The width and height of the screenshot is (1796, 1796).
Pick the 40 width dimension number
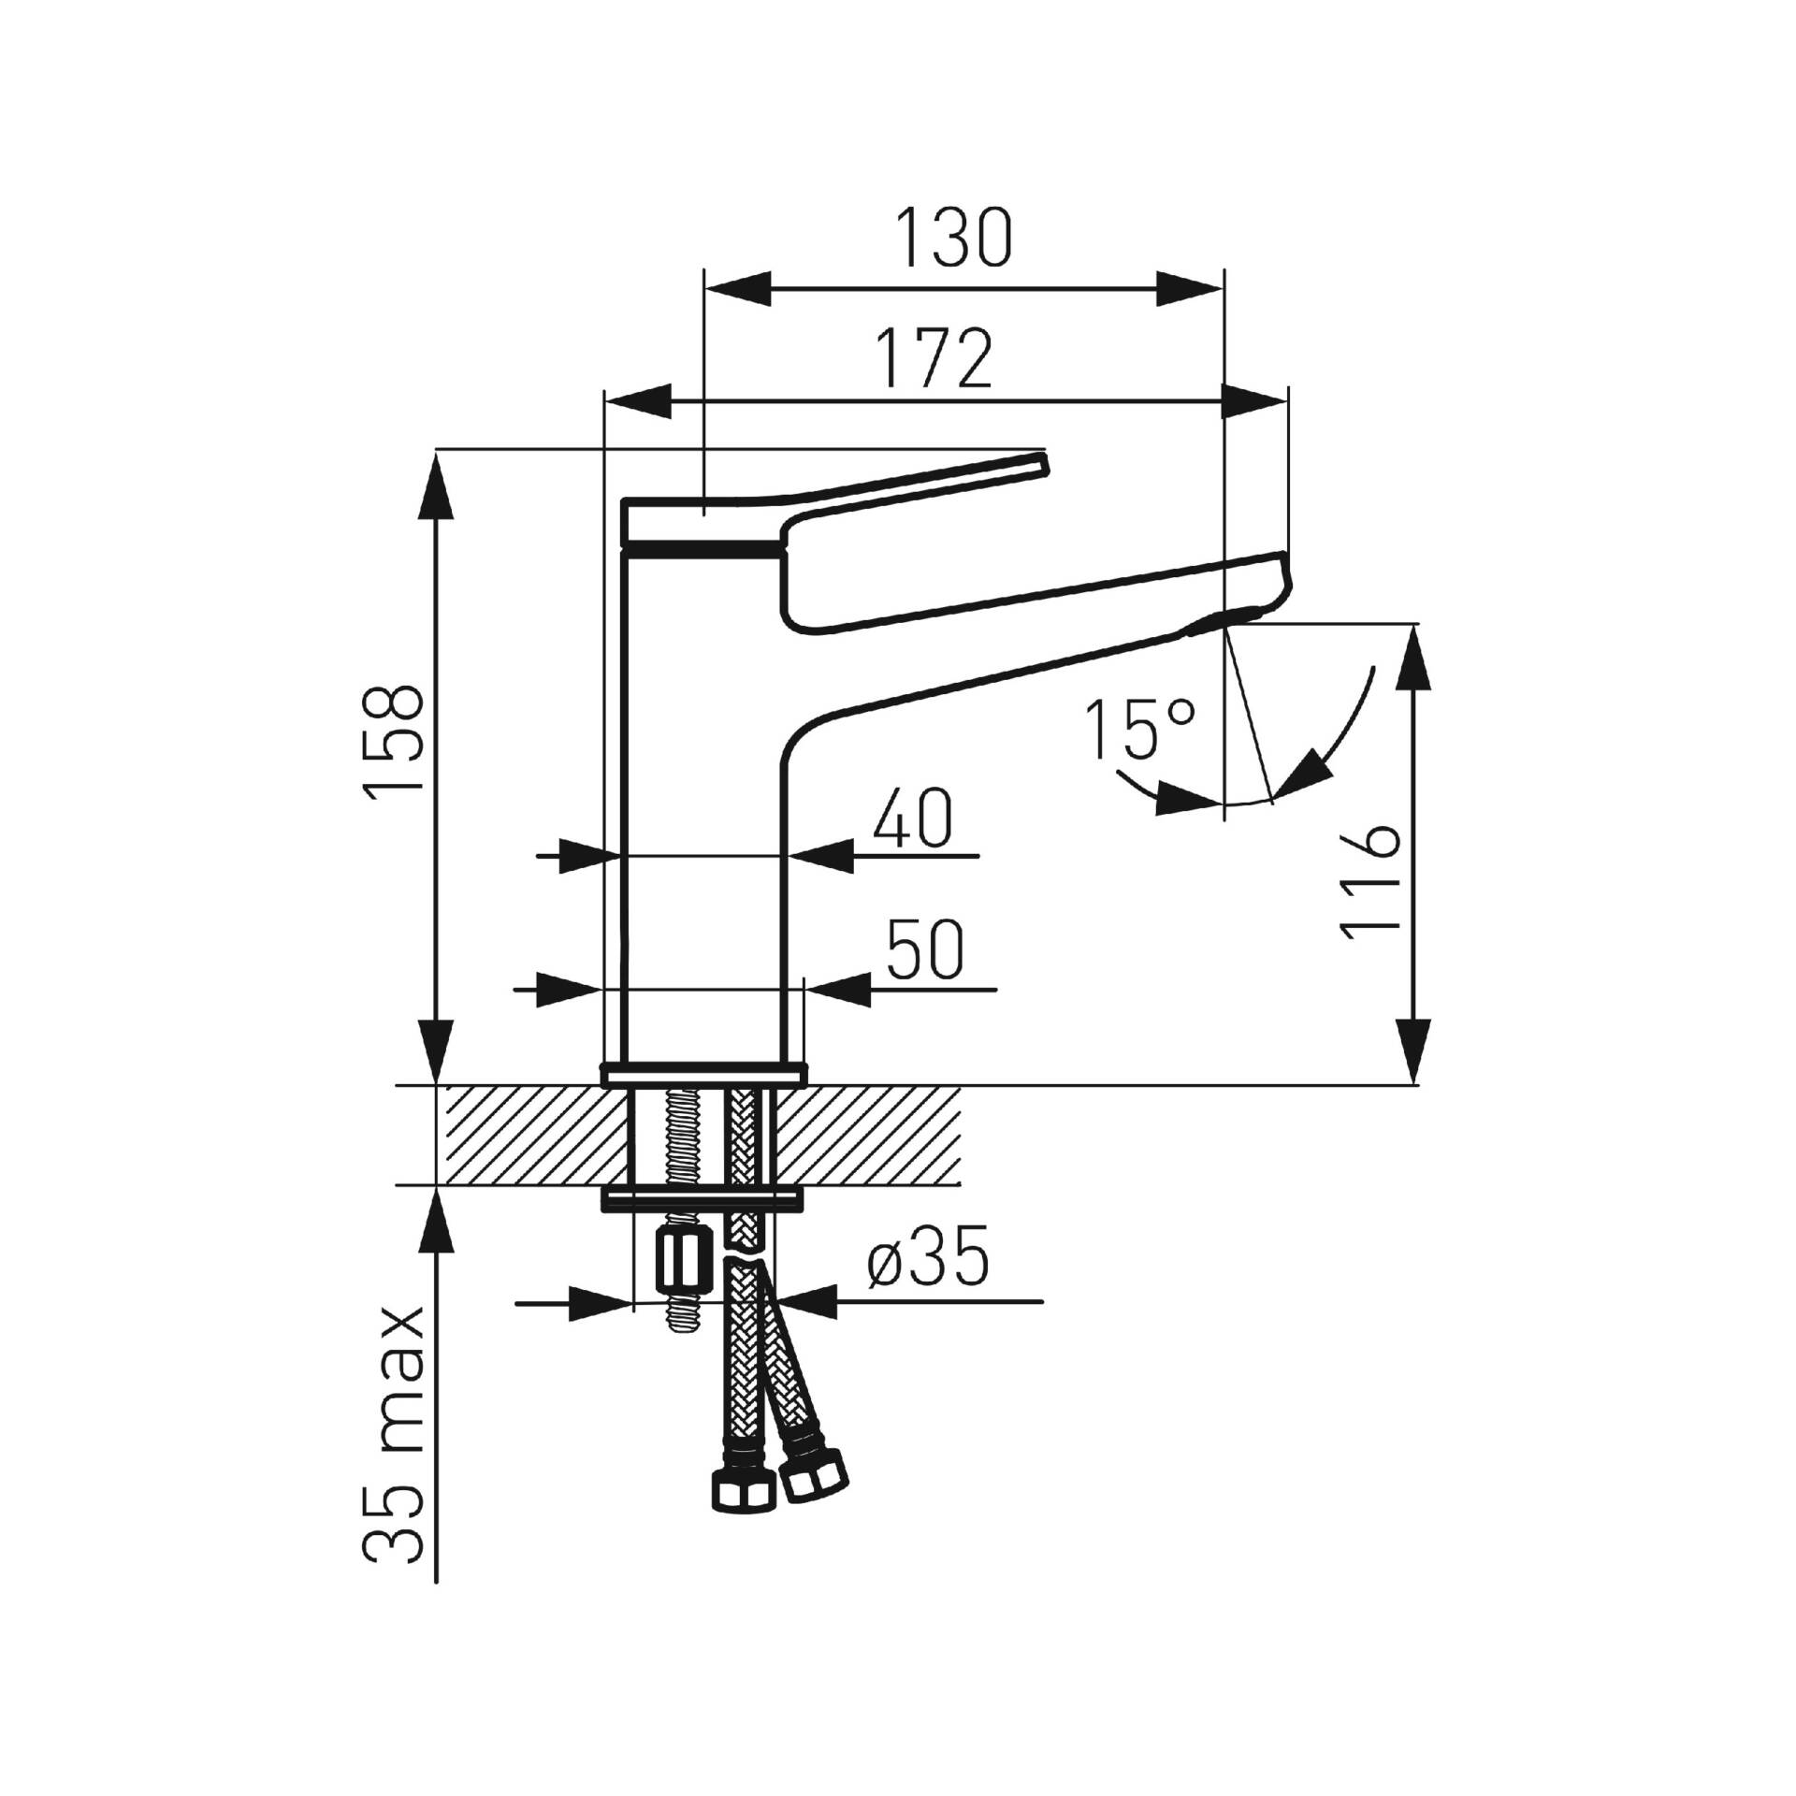[912, 818]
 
